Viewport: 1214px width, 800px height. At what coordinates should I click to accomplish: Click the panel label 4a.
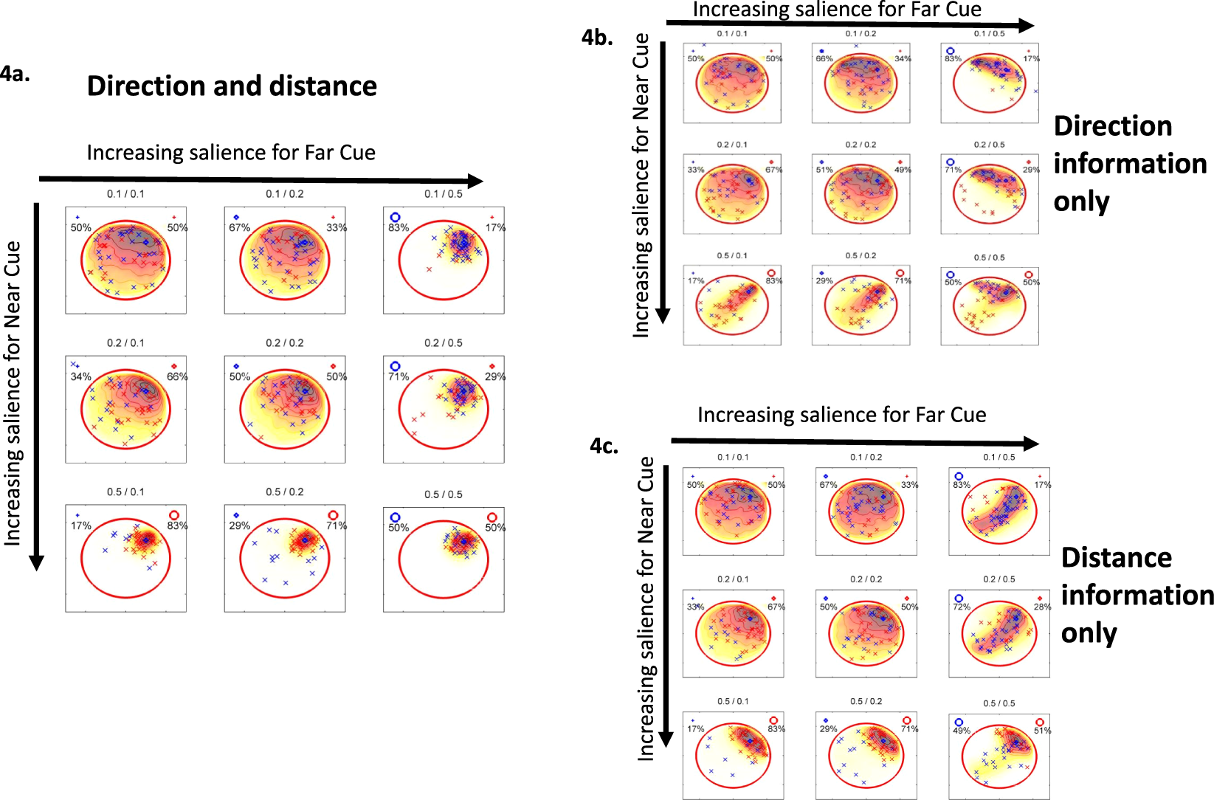coord(15,74)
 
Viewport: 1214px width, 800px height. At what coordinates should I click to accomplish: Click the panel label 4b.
coord(596,38)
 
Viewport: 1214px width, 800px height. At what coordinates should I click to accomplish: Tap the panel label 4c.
coord(604,446)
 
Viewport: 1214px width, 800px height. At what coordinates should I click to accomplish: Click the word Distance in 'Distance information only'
coord(1116,557)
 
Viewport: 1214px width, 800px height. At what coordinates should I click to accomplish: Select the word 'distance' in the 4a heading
coord(323,86)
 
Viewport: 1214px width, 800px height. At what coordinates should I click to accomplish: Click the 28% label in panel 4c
coord(1041,607)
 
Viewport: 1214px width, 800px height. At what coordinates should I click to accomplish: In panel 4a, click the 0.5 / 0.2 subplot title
coord(285,492)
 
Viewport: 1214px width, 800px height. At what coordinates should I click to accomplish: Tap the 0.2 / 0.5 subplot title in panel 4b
coord(989,145)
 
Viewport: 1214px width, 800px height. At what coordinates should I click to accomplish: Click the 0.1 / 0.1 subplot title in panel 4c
coord(733,457)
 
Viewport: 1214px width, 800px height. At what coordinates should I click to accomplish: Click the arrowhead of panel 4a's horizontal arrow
coord(476,181)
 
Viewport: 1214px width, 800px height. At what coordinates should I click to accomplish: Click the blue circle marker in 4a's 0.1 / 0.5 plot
coord(395,217)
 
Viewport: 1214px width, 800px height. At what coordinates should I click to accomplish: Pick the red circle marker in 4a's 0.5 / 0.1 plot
coord(174,515)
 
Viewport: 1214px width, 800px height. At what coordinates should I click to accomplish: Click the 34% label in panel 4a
coord(80,376)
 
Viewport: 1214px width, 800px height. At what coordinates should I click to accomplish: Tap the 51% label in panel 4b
coord(824,170)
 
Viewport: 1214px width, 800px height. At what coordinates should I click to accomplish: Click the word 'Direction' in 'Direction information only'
coord(1112,126)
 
